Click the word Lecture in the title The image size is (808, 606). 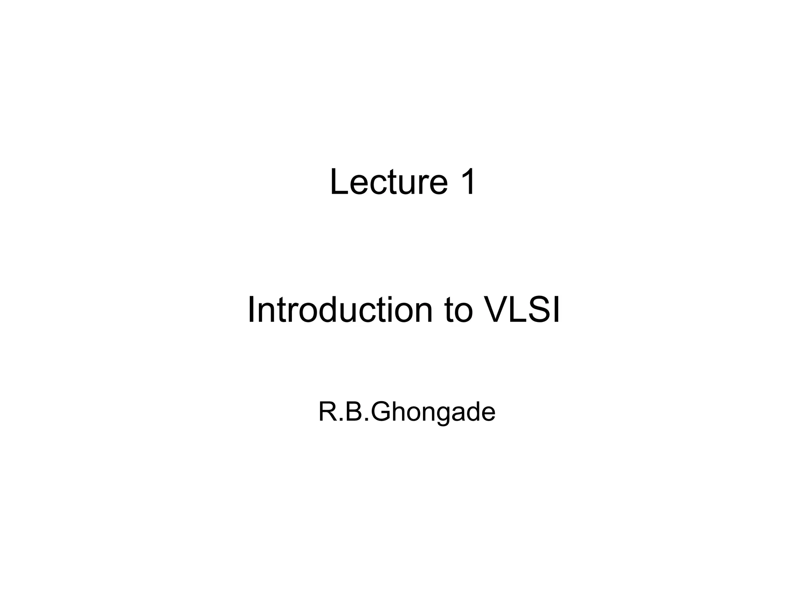click(389, 182)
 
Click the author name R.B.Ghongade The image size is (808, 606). click(406, 412)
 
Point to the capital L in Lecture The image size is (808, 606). click(339, 182)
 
